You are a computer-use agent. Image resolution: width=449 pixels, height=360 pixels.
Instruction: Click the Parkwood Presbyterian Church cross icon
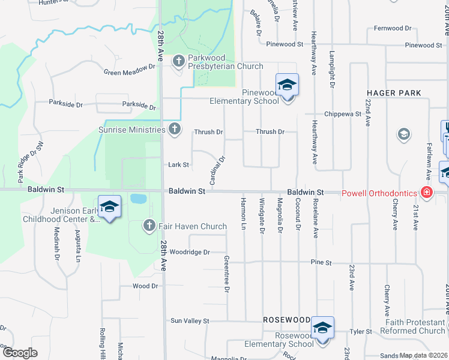(178, 61)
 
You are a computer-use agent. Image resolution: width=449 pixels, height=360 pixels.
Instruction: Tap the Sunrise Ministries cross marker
(175, 129)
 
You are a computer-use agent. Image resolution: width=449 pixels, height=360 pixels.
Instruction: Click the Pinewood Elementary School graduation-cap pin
(287, 84)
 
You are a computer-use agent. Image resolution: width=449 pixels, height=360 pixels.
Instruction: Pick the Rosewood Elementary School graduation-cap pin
(322, 328)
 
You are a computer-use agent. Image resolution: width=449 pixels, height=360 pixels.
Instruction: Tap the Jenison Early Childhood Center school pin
(109, 207)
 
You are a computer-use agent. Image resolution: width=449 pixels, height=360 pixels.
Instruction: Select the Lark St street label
(178, 164)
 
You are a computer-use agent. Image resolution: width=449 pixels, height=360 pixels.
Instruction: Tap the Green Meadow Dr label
(129, 71)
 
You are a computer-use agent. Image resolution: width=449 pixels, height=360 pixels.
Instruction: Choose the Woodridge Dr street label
(190, 253)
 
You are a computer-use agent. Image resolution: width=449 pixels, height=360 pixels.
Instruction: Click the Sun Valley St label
(189, 321)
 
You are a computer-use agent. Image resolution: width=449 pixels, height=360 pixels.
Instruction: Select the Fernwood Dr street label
(393, 28)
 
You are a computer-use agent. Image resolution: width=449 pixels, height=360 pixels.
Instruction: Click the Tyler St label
(361, 331)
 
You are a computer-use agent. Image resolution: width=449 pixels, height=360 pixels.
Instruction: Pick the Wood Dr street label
(146, 286)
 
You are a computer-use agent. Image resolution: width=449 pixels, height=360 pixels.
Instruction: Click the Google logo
(20, 353)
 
